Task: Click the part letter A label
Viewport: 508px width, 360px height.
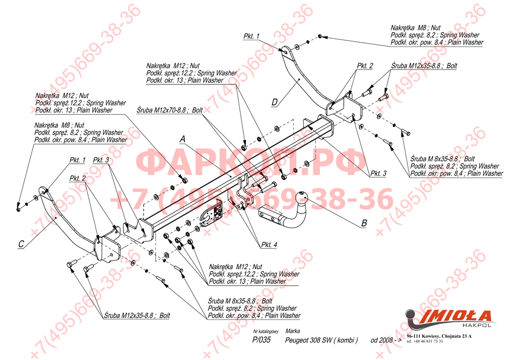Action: [182, 140]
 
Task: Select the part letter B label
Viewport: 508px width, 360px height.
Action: [364, 223]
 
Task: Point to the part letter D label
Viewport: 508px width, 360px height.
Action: [274, 103]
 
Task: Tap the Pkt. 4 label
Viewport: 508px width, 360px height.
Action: [269, 244]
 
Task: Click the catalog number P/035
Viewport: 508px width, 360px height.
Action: [261, 340]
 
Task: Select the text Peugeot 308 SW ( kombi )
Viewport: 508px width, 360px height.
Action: [321, 341]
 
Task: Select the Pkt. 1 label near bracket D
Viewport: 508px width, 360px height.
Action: [252, 36]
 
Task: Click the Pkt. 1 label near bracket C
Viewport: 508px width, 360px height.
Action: [77, 160]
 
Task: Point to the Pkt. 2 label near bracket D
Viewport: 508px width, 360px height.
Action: [365, 66]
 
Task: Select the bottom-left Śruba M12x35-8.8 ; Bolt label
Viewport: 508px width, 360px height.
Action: [137, 315]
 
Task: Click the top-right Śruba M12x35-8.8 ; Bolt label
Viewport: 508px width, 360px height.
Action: [424, 66]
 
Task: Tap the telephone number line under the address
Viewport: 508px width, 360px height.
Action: [425, 342]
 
